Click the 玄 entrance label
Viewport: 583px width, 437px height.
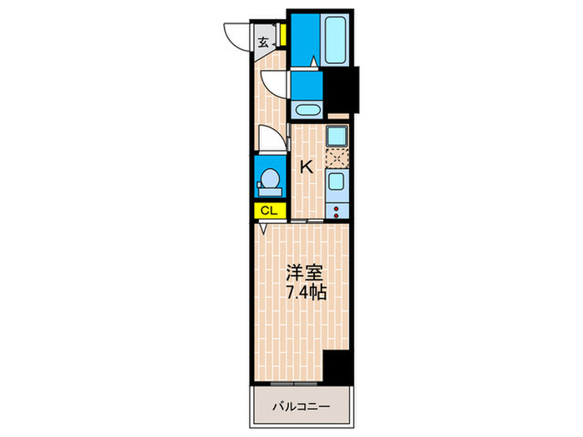[262, 42]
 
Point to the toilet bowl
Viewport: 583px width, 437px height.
[269, 178]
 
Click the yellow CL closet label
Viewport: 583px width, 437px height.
[268, 211]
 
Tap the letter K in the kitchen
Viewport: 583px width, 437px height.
[306, 166]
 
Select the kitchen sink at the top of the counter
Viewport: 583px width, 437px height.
[337, 137]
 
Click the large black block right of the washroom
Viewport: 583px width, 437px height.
[339, 90]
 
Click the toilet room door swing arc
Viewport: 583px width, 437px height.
[268, 138]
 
